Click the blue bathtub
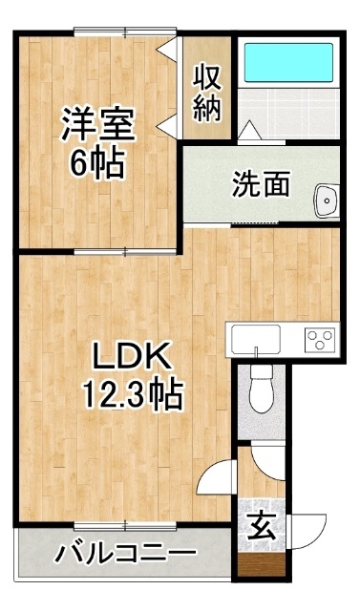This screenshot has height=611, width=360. pos(288,62)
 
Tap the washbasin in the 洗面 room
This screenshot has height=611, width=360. pos(327,200)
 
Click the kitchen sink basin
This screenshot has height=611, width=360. pos(256,338)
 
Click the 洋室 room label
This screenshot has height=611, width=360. pos(97,125)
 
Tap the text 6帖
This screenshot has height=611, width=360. pos(97,162)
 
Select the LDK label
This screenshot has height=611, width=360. pos(132,356)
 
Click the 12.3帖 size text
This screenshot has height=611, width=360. pos(133,394)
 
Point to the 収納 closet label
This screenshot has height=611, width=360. pos(207,93)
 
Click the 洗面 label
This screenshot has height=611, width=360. pos(261,183)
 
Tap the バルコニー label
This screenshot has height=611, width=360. pos(125,552)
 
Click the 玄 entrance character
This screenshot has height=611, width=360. pos(262,526)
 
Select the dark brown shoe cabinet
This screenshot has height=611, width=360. pos(261,564)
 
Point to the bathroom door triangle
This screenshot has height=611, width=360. pos(249,130)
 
